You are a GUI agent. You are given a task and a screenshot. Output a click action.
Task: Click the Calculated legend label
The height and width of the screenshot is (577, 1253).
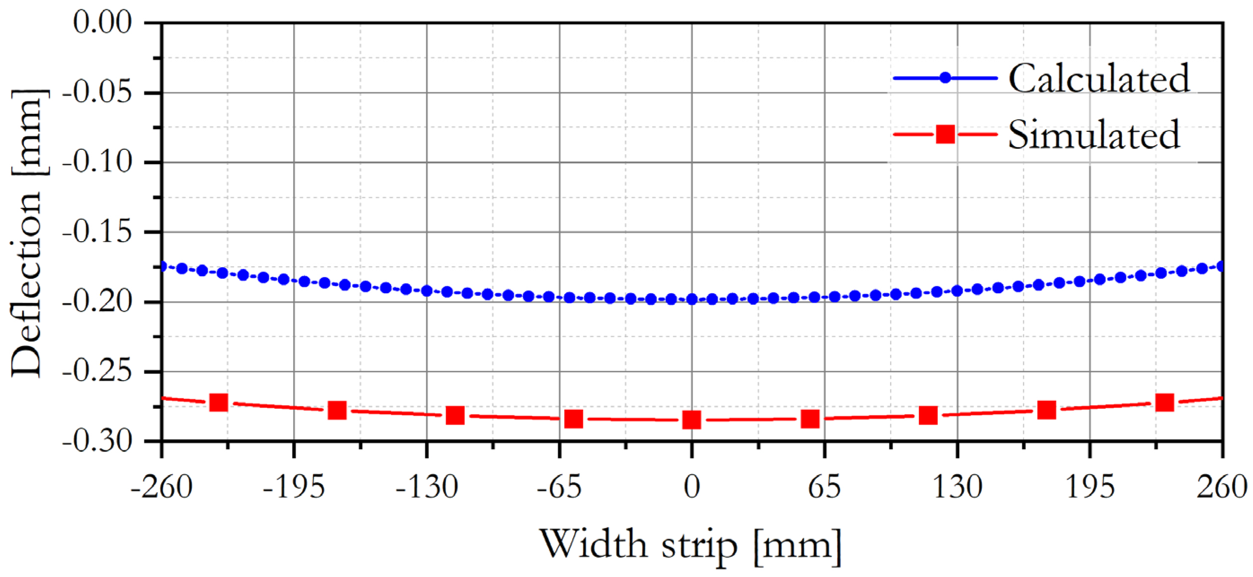click(x=1098, y=79)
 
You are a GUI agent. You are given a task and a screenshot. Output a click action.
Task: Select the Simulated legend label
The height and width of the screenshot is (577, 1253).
click(x=1093, y=134)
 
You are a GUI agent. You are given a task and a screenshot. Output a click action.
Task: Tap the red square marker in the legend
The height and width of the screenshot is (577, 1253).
click(x=945, y=134)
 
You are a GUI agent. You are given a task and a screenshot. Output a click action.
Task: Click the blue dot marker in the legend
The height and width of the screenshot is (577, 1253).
click(x=945, y=78)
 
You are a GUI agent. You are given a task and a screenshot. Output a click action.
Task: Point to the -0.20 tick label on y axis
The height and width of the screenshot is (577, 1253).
click(x=97, y=302)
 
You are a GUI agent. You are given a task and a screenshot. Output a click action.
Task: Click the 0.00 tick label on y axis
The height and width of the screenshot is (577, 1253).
click(x=103, y=22)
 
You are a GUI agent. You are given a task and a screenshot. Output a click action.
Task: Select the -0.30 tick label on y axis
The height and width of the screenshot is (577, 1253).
click(x=97, y=441)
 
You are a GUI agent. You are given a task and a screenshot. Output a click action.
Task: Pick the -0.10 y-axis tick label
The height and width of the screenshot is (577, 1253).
click(x=97, y=162)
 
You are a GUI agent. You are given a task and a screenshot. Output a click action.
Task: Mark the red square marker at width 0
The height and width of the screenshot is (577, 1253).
click(x=692, y=420)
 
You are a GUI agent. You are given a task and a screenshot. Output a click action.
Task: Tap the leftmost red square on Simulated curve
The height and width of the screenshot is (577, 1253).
click(x=219, y=403)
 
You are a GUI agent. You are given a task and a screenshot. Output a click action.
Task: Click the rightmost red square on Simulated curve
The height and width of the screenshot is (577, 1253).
click(x=1165, y=403)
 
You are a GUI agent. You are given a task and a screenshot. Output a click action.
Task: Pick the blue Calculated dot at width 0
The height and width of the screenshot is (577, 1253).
click(x=692, y=299)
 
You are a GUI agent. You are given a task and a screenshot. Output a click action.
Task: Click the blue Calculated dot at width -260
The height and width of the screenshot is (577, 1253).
click(x=162, y=266)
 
